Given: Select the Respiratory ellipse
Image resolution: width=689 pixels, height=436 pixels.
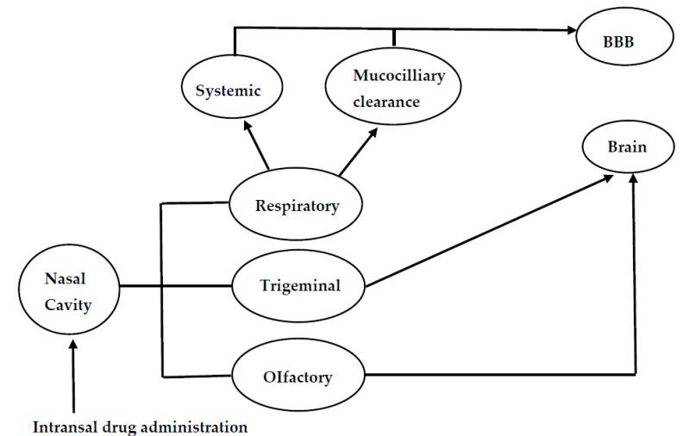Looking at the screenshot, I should pyautogui.click(x=296, y=206).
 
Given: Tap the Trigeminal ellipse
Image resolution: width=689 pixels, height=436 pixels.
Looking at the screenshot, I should pyautogui.click(x=299, y=284).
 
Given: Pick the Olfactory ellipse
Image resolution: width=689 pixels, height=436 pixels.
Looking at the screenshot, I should pyautogui.click(x=296, y=376).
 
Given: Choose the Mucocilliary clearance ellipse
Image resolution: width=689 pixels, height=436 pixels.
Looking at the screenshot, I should pyautogui.click(x=393, y=89).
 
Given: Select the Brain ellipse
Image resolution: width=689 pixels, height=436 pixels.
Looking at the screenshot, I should pyautogui.click(x=627, y=149).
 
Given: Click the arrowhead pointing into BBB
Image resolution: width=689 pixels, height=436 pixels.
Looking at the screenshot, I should pyautogui.click(x=571, y=31).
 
